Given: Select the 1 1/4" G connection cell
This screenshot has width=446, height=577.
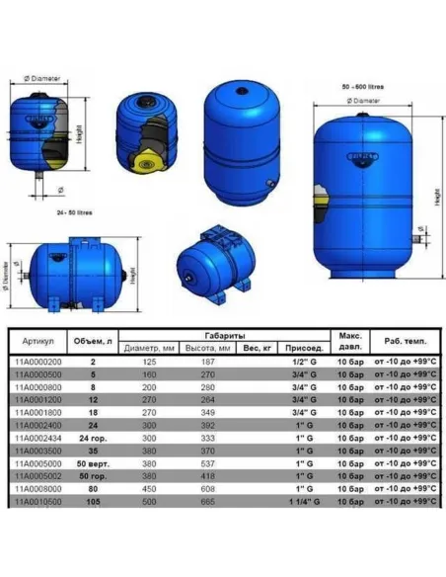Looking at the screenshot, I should tap(299, 499).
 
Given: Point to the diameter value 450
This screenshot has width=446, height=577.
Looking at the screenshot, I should tap(152, 486).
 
